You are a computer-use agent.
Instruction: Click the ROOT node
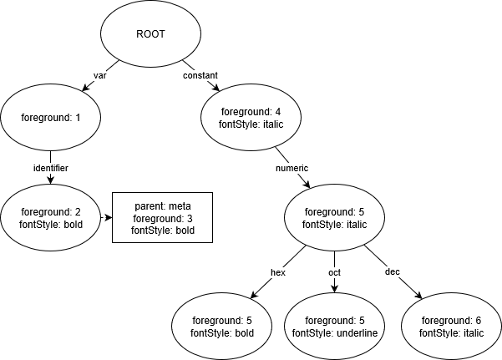(x=150, y=34)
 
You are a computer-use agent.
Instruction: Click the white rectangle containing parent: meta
(x=162, y=217)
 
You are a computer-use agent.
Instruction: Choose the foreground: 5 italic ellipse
(x=334, y=218)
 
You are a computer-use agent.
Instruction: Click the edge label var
(x=99, y=75)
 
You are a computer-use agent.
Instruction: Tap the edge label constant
(x=200, y=75)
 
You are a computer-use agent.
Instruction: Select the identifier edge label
(x=50, y=168)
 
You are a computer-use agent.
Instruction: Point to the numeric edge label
(x=292, y=168)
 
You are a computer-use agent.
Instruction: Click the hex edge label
(x=278, y=272)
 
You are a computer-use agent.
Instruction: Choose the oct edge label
(x=334, y=272)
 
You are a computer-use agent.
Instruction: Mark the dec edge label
(x=393, y=272)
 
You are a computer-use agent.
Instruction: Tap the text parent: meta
(x=162, y=206)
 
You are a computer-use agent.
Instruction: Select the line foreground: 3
(x=162, y=218)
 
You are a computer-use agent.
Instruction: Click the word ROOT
(x=150, y=34)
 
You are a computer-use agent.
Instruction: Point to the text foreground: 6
(x=451, y=320)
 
